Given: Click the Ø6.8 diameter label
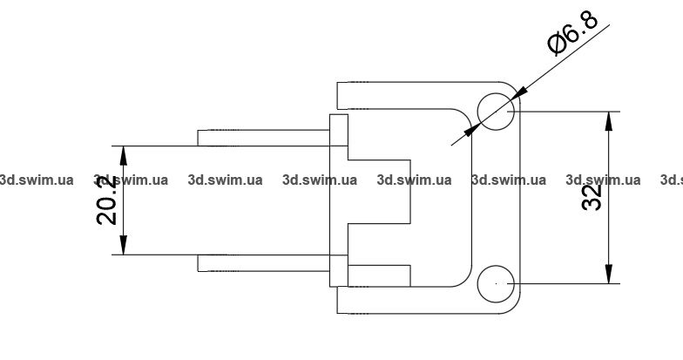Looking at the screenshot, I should click(x=571, y=33).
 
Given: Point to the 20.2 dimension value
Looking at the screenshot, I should click(x=107, y=200).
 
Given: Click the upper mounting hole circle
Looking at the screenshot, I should click(x=496, y=112).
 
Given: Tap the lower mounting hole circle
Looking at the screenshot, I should click(x=496, y=283).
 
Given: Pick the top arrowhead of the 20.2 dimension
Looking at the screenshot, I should click(x=124, y=153).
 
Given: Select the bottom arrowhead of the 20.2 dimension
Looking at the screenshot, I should click(x=124, y=247).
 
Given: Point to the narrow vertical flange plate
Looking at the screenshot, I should click(x=338, y=199).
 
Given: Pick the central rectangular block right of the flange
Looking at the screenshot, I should click(x=379, y=192).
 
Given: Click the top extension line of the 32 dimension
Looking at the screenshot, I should click(x=566, y=112).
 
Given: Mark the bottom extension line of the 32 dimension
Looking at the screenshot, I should click(x=566, y=283).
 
